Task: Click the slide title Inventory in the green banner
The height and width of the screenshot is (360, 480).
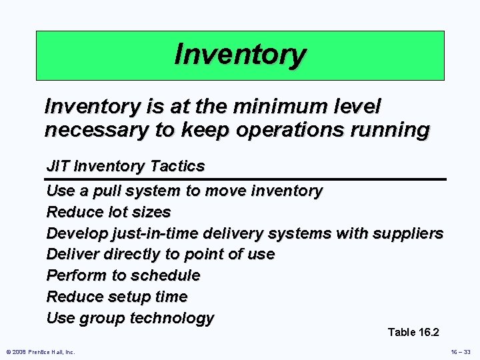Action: click(240, 55)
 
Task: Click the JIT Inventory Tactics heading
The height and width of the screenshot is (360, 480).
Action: click(125, 165)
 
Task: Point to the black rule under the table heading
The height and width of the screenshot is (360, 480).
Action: click(245, 179)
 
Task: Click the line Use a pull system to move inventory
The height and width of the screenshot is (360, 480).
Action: click(184, 191)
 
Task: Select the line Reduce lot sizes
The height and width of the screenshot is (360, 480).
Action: click(109, 212)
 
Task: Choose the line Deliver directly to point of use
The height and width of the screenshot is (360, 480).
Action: click(160, 254)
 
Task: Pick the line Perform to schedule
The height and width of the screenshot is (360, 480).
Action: click(123, 275)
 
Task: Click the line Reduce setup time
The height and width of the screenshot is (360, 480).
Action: click(117, 297)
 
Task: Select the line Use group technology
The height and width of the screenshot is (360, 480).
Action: click(130, 318)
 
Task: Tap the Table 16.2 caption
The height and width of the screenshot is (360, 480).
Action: click(413, 332)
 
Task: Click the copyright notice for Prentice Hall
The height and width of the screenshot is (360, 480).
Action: click(40, 351)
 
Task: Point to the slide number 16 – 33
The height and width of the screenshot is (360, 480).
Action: click(460, 351)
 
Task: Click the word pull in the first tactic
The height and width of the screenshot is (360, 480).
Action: click(105, 191)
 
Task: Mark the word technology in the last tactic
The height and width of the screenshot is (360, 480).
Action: click(172, 318)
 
